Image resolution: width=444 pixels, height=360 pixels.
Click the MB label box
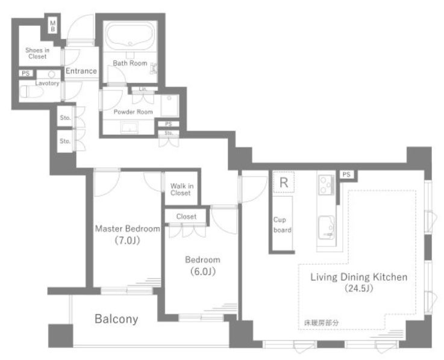point(52,26)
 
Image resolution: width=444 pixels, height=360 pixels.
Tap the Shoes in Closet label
point(37,53)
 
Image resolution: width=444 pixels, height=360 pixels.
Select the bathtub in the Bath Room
point(130,36)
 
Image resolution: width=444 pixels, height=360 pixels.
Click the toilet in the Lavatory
point(31,92)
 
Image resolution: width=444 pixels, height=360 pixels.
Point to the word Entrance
point(81,71)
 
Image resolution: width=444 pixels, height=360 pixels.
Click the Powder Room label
point(133,112)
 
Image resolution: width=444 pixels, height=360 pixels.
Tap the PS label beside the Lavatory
point(26,73)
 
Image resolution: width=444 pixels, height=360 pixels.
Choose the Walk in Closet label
point(182,190)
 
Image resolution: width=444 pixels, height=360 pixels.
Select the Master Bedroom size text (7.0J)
point(128,241)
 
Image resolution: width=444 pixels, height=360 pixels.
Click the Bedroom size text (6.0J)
point(203,272)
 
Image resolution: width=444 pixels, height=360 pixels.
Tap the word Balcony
point(116,319)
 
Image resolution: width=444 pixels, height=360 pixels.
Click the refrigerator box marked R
point(284,182)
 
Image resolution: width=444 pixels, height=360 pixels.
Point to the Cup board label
point(282,225)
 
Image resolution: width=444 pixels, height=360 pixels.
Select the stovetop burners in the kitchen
point(327,185)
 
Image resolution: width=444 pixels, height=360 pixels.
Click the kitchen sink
point(327,228)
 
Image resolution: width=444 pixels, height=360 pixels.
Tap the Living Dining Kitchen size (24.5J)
point(359,288)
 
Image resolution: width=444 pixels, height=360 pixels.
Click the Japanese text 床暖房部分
point(321,323)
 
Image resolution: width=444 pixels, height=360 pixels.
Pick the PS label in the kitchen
point(346,175)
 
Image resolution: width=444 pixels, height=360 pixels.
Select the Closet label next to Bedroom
point(186,217)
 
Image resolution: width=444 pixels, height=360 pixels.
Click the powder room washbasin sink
point(130,127)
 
